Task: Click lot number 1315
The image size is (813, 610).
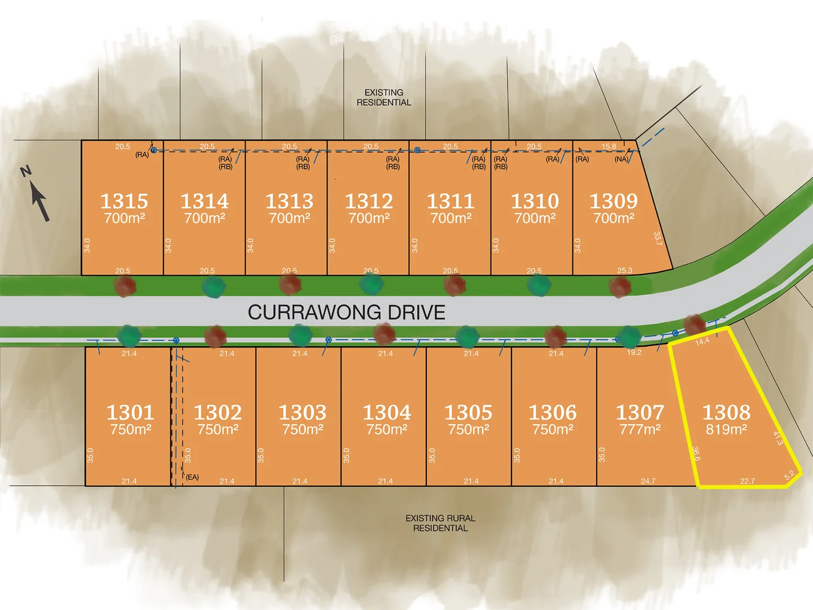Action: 124,201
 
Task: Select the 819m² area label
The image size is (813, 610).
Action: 726,429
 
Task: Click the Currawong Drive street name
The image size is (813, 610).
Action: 347,312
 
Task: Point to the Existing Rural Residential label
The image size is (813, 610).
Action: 440,523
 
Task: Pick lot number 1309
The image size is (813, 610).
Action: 614,201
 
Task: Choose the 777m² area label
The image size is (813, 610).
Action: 640,429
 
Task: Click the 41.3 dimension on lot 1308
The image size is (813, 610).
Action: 778,438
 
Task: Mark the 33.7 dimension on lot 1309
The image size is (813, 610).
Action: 658,238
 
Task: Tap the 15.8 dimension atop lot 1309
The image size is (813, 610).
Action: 609,146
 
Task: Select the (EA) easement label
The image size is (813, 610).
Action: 193,477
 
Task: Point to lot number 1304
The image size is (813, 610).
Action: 387,412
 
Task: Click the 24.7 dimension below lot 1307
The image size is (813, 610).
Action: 648,481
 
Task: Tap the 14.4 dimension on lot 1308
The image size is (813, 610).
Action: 702,341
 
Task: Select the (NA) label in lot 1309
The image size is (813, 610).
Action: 621,159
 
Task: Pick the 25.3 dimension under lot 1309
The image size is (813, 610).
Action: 624,271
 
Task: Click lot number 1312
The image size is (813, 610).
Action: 369,201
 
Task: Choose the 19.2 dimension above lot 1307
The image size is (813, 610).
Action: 634,352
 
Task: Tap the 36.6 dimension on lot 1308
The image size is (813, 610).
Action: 696,454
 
